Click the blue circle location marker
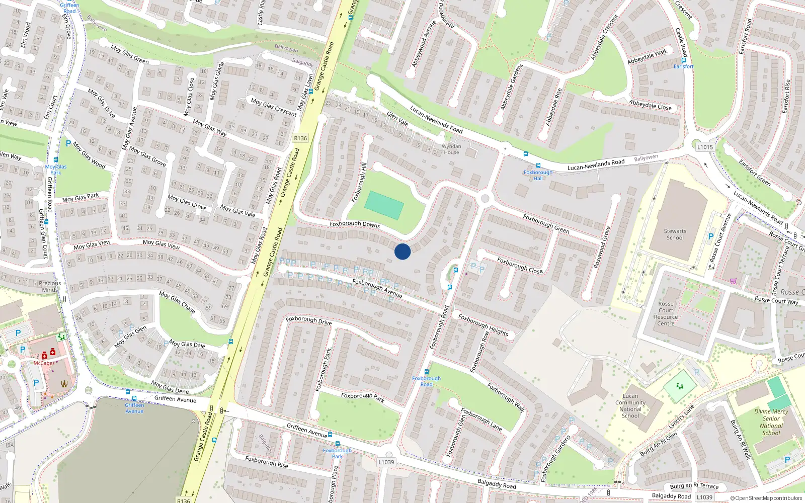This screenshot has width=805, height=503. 403,251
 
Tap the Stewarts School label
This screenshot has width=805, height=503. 675,234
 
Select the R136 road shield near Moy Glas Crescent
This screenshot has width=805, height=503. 300,138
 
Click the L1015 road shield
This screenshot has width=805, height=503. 705,147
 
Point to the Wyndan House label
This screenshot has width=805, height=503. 451,149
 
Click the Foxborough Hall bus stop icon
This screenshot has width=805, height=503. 538,165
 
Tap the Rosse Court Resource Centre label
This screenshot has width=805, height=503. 666,313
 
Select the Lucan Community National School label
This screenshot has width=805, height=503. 630,406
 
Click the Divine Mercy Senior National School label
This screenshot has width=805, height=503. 771,422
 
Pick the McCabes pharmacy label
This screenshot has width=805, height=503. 44,363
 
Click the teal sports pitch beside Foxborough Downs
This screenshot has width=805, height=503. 384,205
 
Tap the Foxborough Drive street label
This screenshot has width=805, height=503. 308,320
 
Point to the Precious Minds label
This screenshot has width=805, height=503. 50,286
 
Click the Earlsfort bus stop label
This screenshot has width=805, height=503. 683,66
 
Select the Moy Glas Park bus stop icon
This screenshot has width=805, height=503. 56,160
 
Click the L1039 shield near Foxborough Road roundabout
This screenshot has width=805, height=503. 386,462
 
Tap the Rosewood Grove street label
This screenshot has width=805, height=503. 602,247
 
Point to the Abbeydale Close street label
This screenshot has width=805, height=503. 650,105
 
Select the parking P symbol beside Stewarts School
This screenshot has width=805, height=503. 711,236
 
